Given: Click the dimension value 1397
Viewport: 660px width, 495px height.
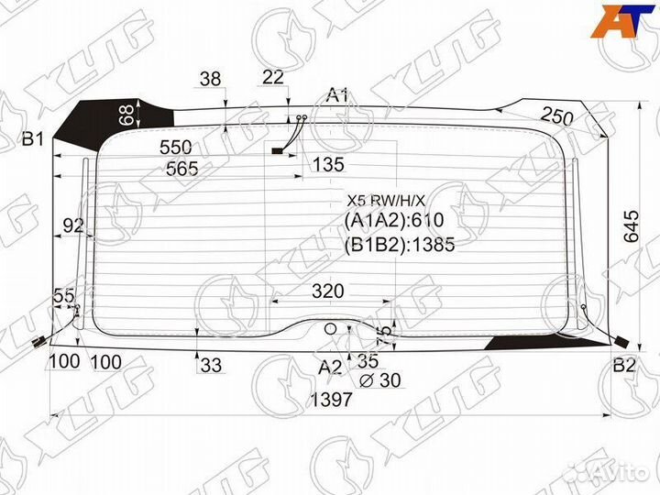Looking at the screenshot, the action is pos(330,400).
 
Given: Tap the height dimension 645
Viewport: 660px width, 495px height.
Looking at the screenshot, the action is pos(631,226).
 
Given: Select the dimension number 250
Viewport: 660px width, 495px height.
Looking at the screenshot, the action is pos(557,116).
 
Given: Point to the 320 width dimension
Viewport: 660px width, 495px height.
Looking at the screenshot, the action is pos(328,291).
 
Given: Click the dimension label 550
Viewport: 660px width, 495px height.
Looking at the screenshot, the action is pos(175,148).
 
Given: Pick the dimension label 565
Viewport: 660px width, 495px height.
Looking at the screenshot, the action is pos(181,169).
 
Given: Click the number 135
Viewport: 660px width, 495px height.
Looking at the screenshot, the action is pos(328,165).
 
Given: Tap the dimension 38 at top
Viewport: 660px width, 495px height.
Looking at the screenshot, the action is pos(210,79).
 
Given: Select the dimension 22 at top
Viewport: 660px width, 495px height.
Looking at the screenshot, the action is pos(273,77).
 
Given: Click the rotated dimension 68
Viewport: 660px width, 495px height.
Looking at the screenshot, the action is pos(127,115).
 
